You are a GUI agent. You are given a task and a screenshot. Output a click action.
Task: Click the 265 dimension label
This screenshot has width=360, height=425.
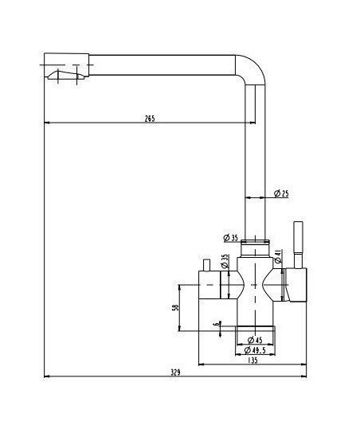(150, 119)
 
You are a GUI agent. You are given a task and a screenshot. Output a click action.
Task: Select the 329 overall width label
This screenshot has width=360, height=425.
(175, 372)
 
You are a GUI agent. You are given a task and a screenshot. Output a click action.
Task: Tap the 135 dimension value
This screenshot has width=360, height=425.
(252, 361)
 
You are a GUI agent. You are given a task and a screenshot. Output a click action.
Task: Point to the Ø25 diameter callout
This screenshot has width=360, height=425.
(281, 193)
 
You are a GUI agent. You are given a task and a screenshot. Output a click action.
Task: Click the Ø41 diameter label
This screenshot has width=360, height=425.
(278, 256)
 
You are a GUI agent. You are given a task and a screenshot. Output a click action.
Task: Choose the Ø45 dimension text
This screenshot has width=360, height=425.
(255, 340)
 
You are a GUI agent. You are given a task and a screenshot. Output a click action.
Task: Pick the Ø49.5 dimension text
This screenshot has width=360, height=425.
(255, 350)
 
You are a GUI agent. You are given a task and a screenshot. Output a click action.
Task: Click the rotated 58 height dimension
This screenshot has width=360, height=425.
(176, 307)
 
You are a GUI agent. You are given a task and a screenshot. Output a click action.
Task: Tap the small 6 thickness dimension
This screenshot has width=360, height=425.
(216, 324)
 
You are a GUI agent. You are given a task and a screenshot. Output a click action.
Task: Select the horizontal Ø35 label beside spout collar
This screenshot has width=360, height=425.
(231, 238)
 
